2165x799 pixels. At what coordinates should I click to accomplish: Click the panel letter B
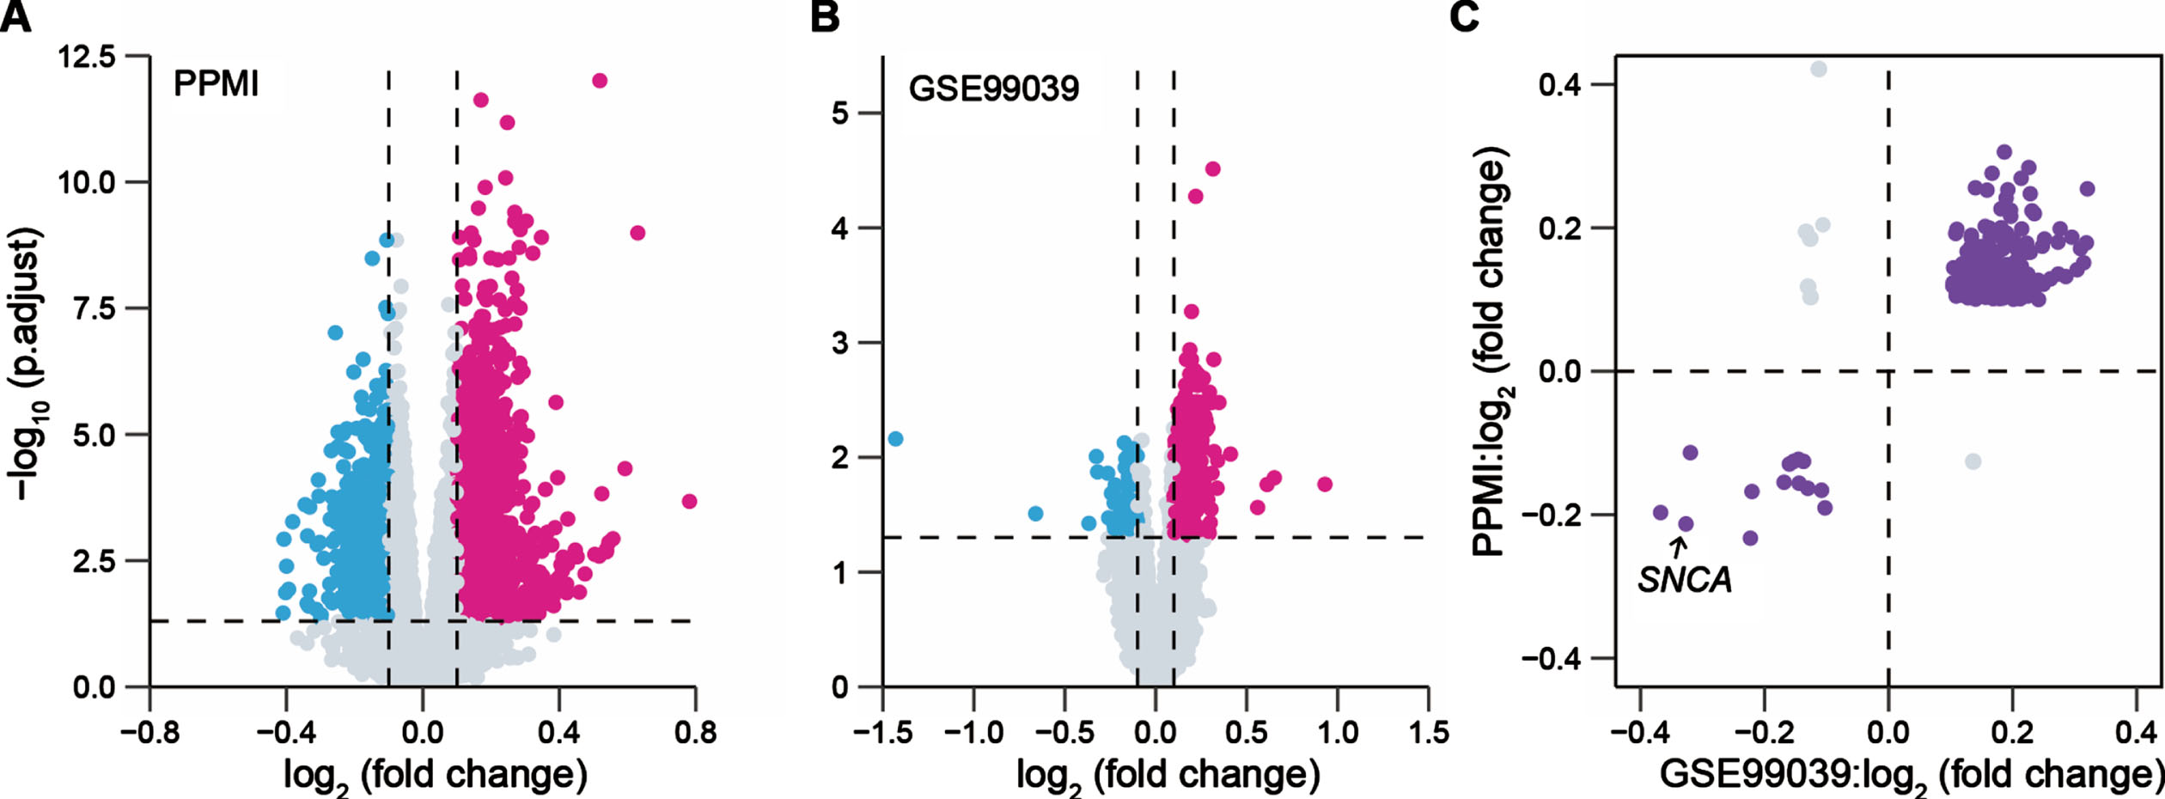click(x=825, y=16)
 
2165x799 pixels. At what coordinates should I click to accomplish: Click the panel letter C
click(x=1464, y=16)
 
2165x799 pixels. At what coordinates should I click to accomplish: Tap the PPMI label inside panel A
click(x=216, y=84)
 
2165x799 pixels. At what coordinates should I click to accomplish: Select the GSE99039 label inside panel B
click(x=993, y=88)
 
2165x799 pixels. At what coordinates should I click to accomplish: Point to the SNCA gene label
click(x=1684, y=581)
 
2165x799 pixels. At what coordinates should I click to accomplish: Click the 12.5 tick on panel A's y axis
click(x=86, y=58)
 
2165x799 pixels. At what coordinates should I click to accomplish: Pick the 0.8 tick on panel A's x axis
click(x=695, y=733)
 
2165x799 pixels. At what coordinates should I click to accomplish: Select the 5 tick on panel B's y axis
click(x=841, y=113)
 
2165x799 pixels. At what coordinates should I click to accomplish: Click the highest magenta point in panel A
click(x=600, y=81)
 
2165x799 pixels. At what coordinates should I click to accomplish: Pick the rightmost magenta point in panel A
click(x=688, y=501)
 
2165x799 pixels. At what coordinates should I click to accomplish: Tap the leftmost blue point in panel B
click(x=895, y=439)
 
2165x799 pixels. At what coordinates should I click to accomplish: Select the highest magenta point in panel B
click(x=1212, y=169)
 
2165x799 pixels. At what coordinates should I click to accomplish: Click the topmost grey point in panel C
click(x=1819, y=70)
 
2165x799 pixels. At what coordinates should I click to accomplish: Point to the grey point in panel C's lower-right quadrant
click(x=1973, y=461)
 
